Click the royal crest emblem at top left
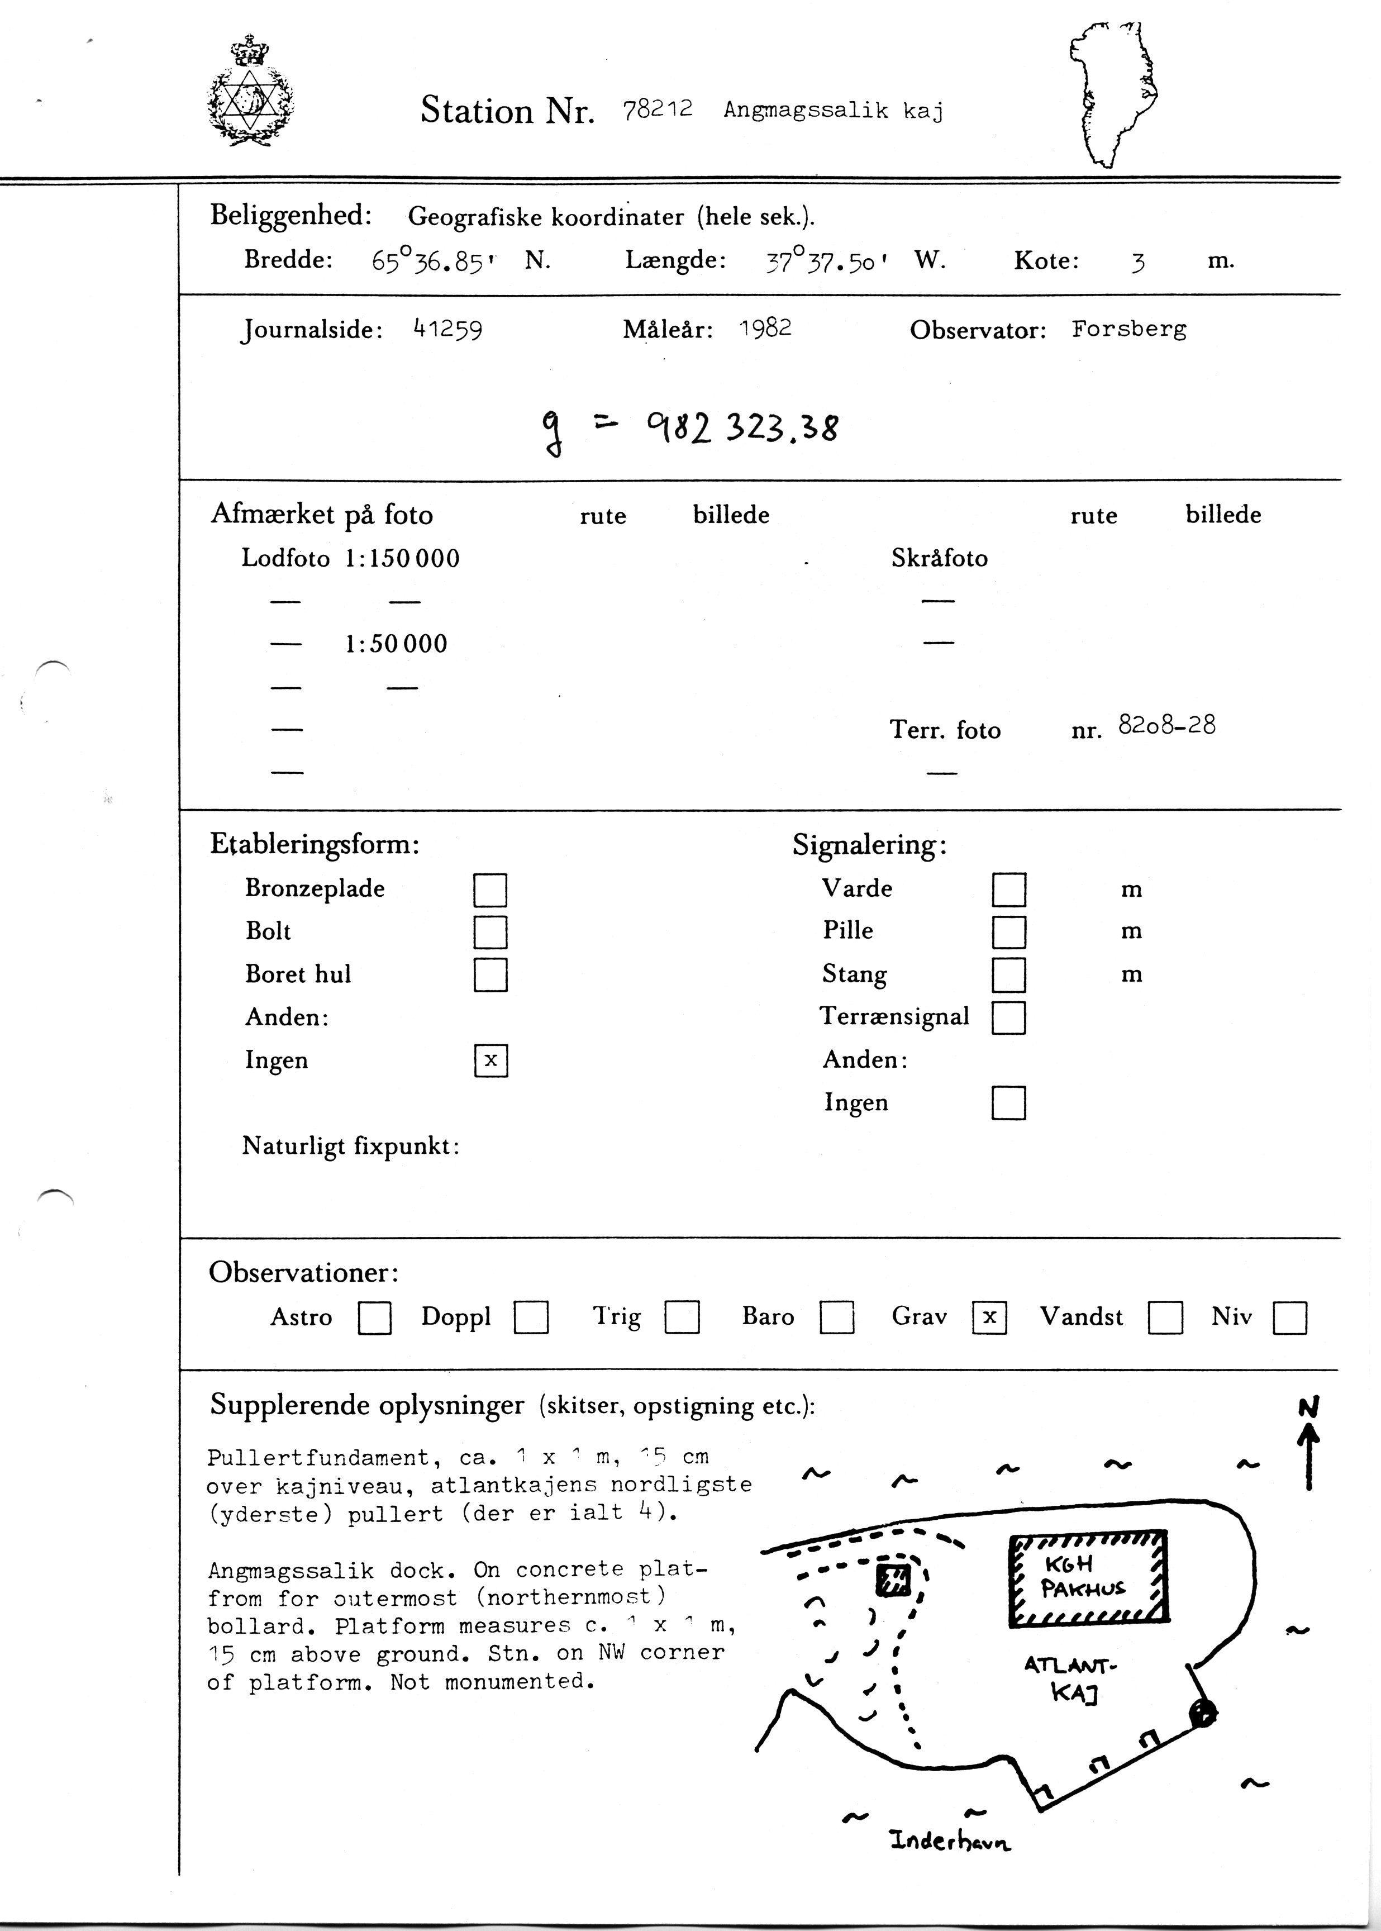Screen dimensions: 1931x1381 (251, 92)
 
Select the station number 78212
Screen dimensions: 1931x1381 (658, 110)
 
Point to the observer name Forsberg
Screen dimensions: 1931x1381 (1128, 329)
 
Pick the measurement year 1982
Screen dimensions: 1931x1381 (765, 328)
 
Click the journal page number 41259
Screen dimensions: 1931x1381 (447, 329)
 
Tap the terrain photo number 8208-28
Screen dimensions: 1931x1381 (1166, 725)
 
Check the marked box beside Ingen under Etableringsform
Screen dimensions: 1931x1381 (491, 1060)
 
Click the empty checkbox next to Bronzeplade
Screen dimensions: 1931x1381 (490, 890)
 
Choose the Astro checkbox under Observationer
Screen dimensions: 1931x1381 (375, 1318)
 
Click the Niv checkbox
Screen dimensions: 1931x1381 (1289, 1318)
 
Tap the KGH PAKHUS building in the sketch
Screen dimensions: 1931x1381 (1088, 1579)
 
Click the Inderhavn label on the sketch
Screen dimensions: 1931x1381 (950, 1841)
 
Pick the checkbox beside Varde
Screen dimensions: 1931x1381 (1008, 890)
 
